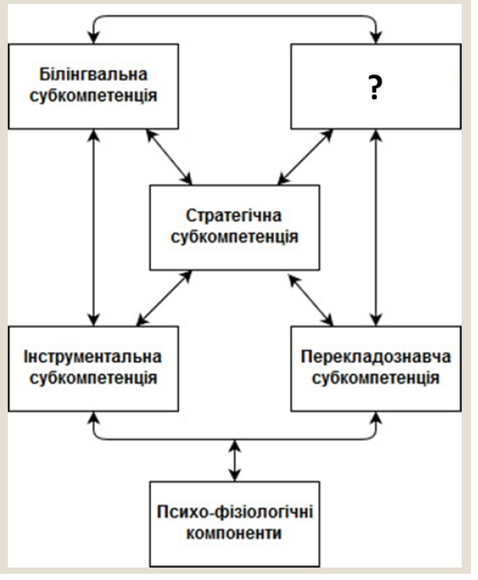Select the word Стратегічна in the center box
[234, 215]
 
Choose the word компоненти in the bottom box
[234, 535]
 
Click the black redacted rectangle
[376, 84]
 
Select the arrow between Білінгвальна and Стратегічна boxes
[169, 158]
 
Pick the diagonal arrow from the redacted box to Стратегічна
[300, 158]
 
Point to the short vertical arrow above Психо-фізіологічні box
[234, 460]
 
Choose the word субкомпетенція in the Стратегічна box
[234, 237]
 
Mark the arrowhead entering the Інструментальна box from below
[93, 419]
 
